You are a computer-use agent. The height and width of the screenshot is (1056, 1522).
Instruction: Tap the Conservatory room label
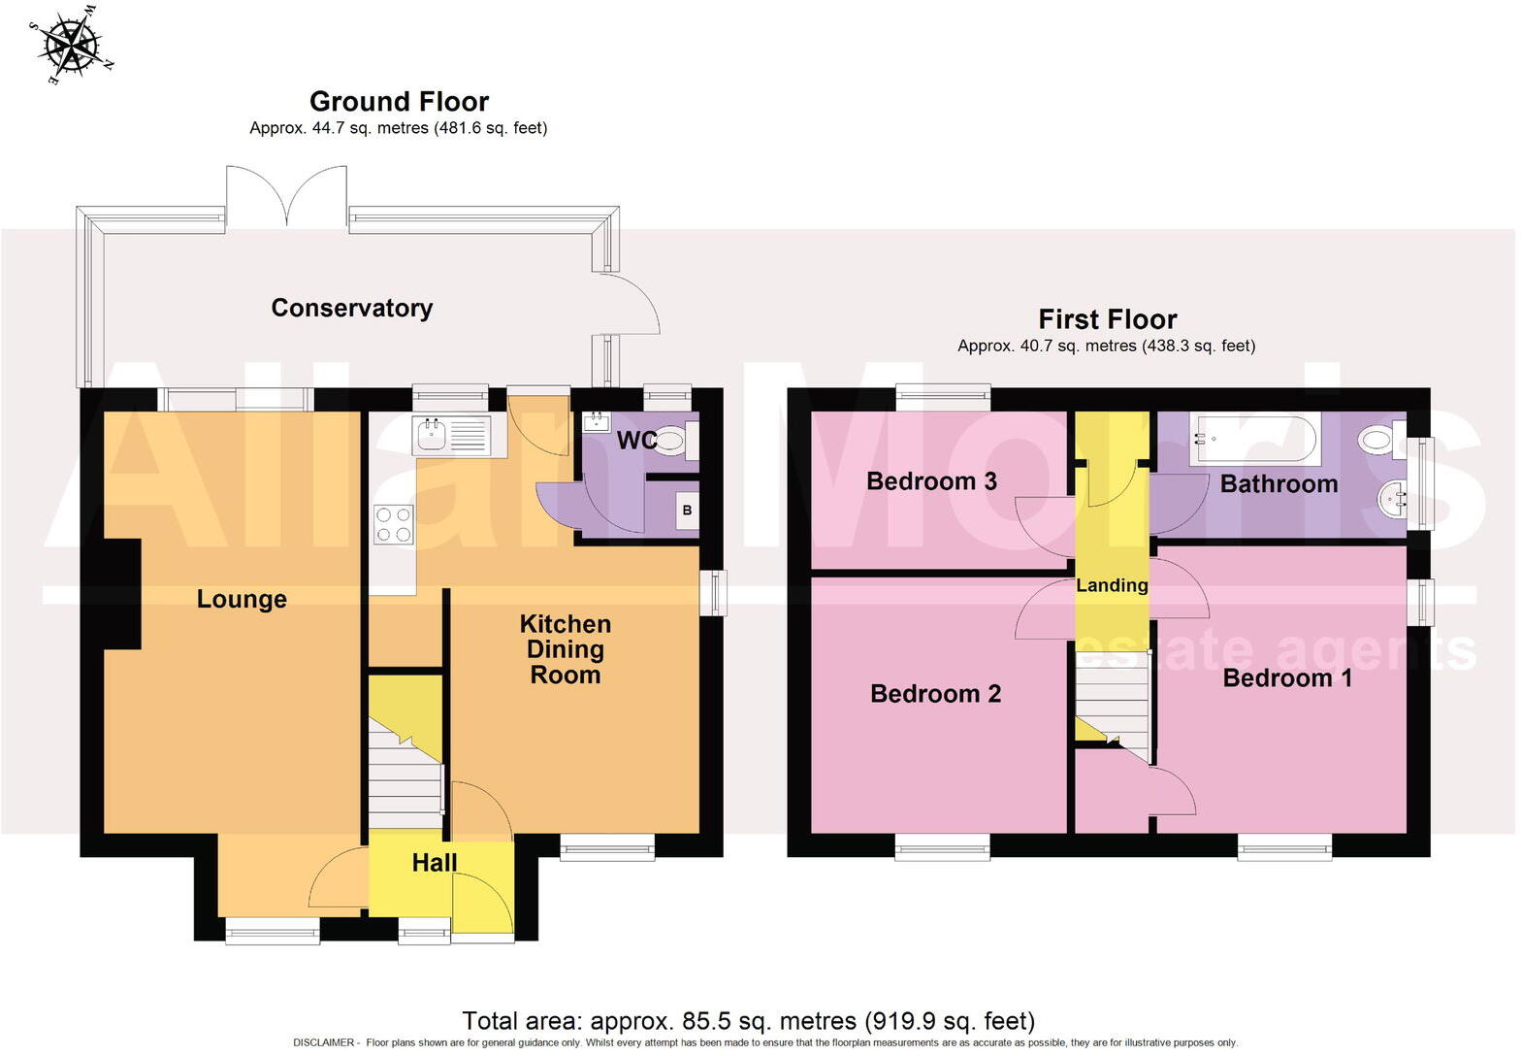[x=351, y=308]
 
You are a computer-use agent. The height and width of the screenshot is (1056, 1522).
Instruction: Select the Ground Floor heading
[x=399, y=101]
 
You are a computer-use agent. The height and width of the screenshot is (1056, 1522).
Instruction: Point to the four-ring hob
[x=393, y=524]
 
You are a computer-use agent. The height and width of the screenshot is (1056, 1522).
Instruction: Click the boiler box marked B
[x=687, y=511]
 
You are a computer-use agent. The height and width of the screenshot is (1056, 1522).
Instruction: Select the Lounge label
[x=242, y=599]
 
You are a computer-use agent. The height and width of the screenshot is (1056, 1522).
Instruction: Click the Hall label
[x=434, y=862]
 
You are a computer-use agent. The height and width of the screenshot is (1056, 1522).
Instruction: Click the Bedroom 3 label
[x=931, y=481]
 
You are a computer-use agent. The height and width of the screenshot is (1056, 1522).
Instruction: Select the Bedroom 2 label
[x=935, y=693]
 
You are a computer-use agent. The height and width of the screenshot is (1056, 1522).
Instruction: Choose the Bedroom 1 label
[x=1286, y=677]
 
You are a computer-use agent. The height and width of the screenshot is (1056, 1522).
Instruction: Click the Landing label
[x=1112, y=585]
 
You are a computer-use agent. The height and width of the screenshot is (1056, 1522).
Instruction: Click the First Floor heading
[x=1107, y=319]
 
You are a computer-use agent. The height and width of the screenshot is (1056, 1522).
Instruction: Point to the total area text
[x=748, y=1020]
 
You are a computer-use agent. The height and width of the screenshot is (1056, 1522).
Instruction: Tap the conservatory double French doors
[x=287, y=197]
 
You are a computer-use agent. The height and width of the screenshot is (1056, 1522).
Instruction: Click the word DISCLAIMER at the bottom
[x=323, y=1042]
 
